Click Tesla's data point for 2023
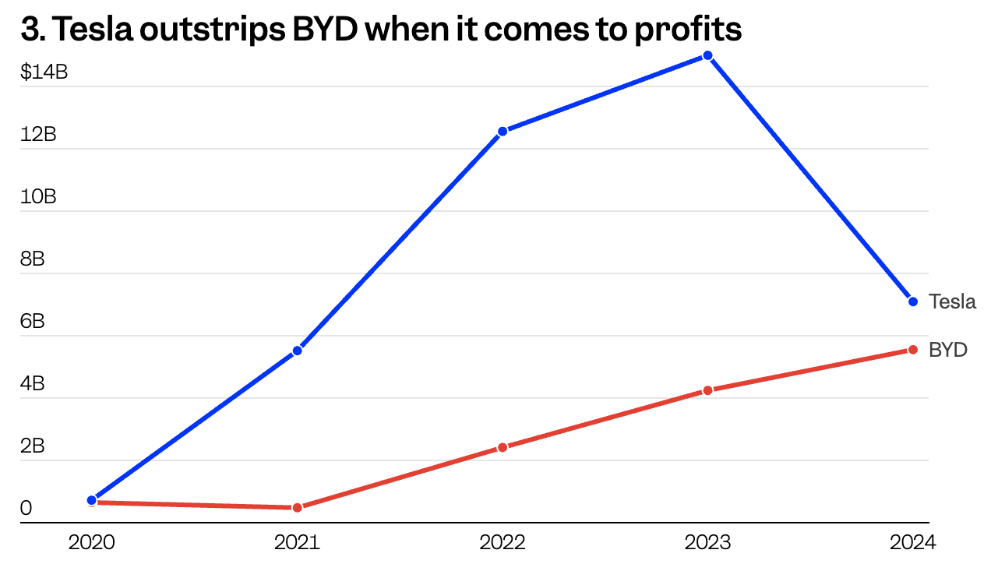coord(707,55)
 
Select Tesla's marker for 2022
coord(503,131)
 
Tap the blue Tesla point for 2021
coord(297,351)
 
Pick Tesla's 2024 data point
coord(913,301)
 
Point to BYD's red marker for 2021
coord(297,507)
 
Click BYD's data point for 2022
coord(503,447)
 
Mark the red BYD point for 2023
coord(707,390)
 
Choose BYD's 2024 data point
coord(913,350)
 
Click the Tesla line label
coord(952,301)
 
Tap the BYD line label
coord(948,350)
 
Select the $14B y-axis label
coord(44,72)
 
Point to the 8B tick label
coord(33,259)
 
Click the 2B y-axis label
coord(33,446)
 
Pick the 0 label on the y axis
coord(26,509)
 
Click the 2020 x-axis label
coord(92,542)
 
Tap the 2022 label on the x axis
coord(503,542)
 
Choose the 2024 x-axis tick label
coord(912,542)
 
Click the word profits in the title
coord(691,30)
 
